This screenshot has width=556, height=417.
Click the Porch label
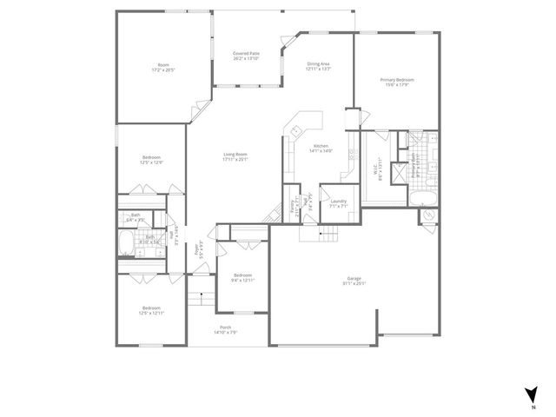tap(225, 329)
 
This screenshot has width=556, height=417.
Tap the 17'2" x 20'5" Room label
tap(162, 67)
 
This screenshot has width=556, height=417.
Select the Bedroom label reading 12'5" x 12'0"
tap(151, 160)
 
